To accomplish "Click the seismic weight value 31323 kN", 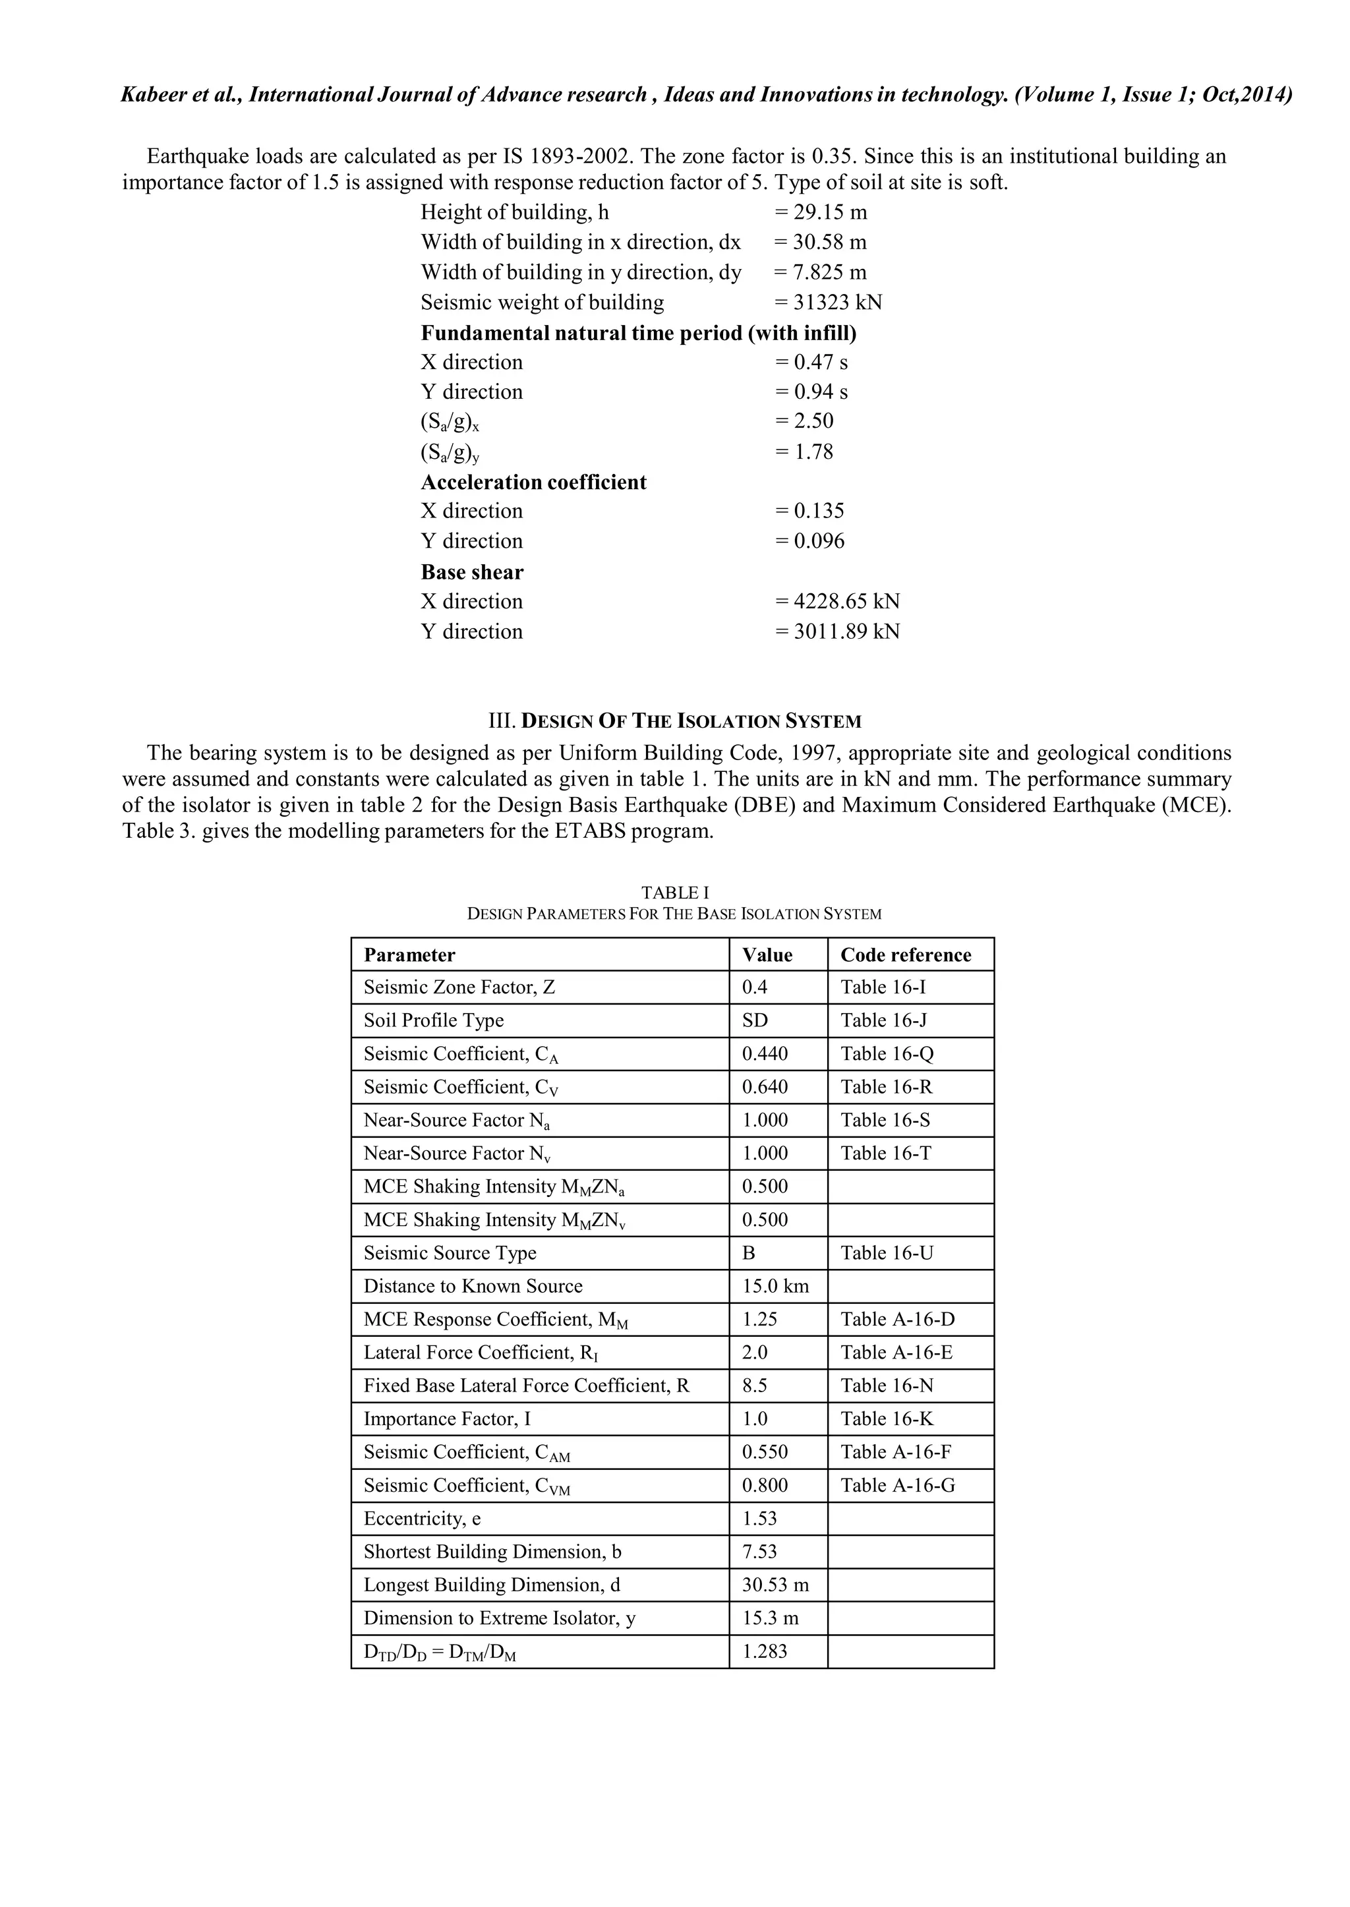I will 828,302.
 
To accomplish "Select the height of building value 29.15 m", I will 821,212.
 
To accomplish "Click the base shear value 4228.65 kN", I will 837,601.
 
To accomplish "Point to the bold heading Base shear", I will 471,572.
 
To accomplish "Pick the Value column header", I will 767,954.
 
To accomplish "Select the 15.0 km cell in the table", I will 775,1286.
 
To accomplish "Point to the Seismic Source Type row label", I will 450,1253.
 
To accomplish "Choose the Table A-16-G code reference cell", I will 897,1486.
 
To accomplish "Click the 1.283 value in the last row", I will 764,1652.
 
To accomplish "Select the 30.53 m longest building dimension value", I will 775,1585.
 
